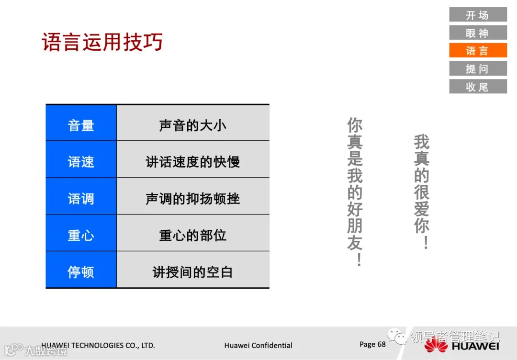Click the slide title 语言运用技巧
pos(102,42)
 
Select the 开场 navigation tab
pos(478,15)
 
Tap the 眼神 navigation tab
pos(478,33)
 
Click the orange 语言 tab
pos(478,51)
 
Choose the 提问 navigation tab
pos(478,68)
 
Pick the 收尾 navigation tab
pos(478,87)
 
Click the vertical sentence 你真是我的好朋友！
pos(355,191)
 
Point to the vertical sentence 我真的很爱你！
pos(422,191)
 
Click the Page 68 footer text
pos(372,344)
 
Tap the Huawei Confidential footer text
pos(258,345)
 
